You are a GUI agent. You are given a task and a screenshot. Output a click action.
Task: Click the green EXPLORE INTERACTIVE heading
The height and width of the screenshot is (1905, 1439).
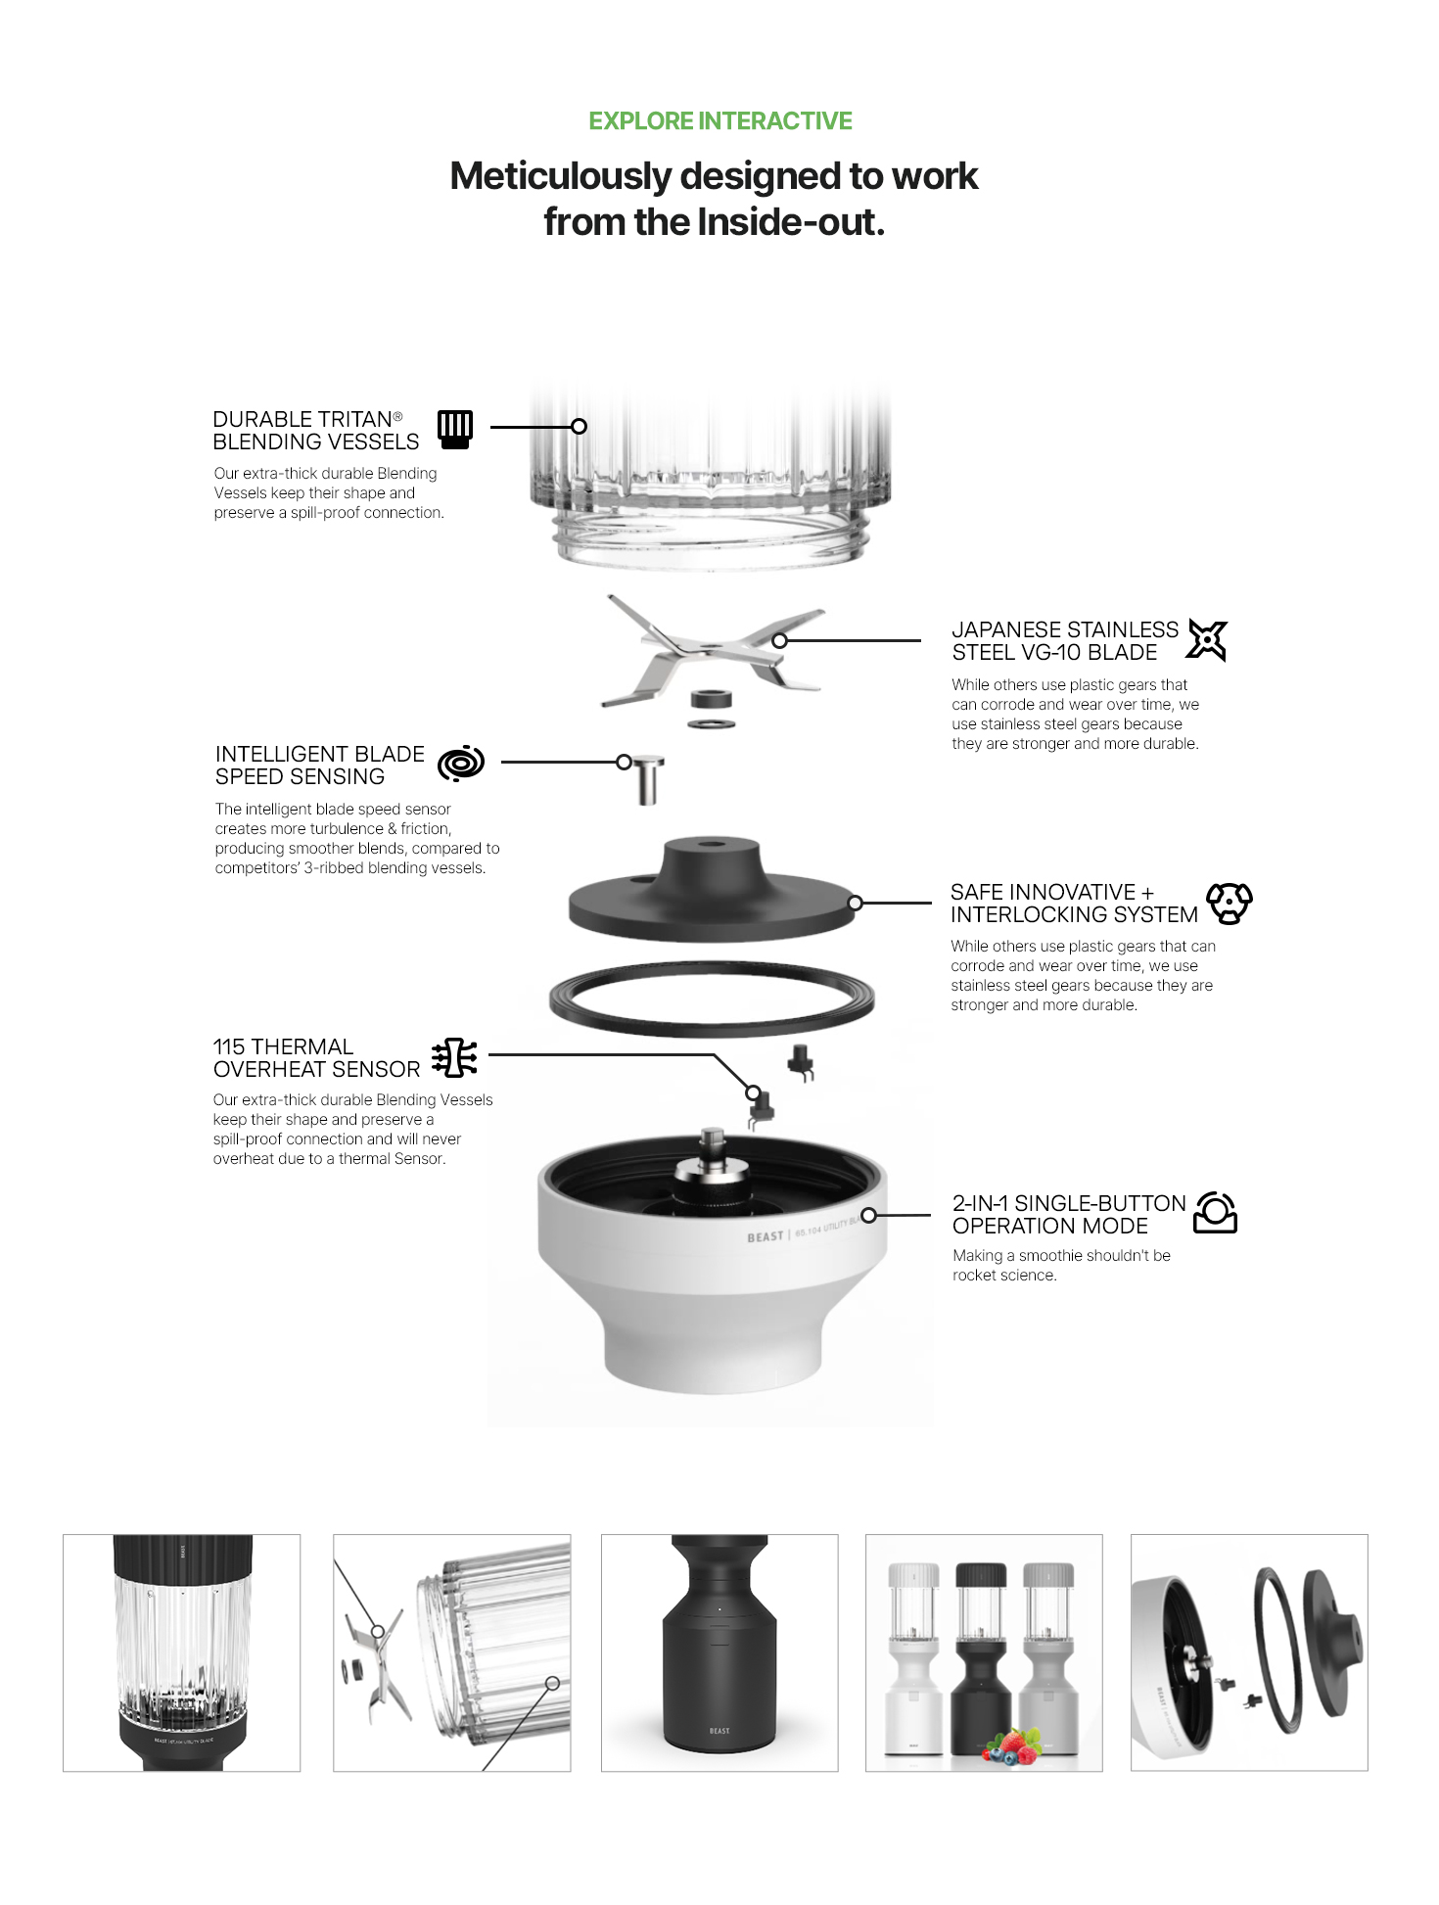pos(720,121)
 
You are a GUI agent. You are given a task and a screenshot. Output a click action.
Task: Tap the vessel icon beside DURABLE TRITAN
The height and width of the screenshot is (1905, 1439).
pos(455,430)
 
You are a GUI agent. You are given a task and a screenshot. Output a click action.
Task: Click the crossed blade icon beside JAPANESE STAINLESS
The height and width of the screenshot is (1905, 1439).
pos(1207,640)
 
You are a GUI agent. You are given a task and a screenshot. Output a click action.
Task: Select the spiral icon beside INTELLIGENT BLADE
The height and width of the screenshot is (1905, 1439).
pos(461,764)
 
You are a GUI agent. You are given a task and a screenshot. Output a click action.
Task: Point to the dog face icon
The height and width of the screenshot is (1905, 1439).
pos(1229,903)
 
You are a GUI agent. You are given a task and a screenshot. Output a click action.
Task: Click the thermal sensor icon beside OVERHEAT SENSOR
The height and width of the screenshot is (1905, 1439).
pos(455,1058)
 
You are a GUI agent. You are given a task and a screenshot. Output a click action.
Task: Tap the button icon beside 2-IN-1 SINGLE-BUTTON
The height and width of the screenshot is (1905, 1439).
pos(1216,1213)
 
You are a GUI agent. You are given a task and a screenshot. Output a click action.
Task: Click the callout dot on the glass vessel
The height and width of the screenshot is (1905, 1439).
pos(580,427)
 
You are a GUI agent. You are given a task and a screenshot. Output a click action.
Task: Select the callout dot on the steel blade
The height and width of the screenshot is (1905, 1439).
pos(779,640)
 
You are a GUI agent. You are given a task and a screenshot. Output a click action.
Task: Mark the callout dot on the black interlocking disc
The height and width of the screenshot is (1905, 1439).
pos(856,903)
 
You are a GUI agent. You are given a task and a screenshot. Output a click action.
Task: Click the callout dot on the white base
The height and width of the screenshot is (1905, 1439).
pos(868,1216)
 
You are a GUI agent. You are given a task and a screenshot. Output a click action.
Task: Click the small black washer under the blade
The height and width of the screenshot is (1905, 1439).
pos(712,699)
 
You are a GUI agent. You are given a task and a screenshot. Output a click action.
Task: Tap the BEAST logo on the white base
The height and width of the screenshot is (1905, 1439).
pos(766,1236)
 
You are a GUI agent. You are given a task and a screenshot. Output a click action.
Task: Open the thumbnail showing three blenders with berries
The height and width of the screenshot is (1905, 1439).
pos(984,1652)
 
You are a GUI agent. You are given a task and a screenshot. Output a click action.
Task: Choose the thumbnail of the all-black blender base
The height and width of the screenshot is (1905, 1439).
pos(719,1652)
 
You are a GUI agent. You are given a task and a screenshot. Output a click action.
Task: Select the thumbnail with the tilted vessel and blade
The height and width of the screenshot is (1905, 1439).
pos(452,1652)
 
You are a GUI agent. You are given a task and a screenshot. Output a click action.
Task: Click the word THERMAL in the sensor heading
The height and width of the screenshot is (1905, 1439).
pos(302,1046)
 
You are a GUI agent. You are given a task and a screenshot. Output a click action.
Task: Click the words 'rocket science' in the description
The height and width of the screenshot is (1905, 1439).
pos(1004,1276)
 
